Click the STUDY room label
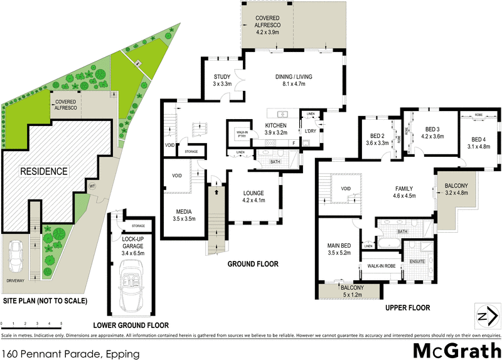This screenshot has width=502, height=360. [x=222, y=80]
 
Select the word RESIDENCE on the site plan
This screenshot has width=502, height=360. [x=45, y=171]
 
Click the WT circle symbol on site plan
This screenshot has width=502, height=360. [x=92, y=186]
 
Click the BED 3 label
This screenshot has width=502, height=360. [x=433, y=132]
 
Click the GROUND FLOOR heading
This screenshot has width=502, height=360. [x=252, y=265]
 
